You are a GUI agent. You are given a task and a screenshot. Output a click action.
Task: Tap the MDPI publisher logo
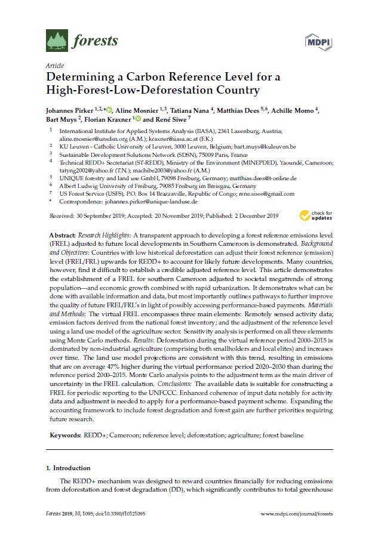pos(318,41)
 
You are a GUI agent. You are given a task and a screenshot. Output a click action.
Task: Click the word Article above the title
pos(54,66)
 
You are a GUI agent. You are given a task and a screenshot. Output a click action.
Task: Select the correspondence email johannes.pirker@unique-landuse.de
pos(153,202)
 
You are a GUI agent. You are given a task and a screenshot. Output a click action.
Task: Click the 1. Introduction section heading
pos(69,468)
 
